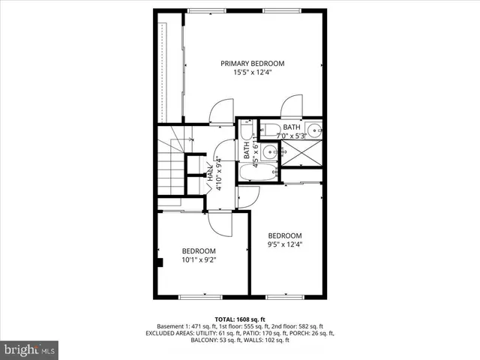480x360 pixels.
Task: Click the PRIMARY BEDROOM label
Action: [251, 64]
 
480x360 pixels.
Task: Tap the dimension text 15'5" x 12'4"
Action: [251, 73]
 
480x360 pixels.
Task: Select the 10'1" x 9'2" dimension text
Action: [199, 260]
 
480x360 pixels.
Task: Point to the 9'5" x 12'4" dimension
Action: [285, 244]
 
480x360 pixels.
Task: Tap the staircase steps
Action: [172, 169]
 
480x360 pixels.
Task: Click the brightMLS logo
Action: [30, 349]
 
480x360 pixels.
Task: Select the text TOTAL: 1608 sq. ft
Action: [240, 319]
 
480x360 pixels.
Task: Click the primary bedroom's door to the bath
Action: [292, 107]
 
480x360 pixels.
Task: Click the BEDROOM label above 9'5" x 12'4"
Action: [285, 235]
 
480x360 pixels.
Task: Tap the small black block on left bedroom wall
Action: [161, 262]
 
